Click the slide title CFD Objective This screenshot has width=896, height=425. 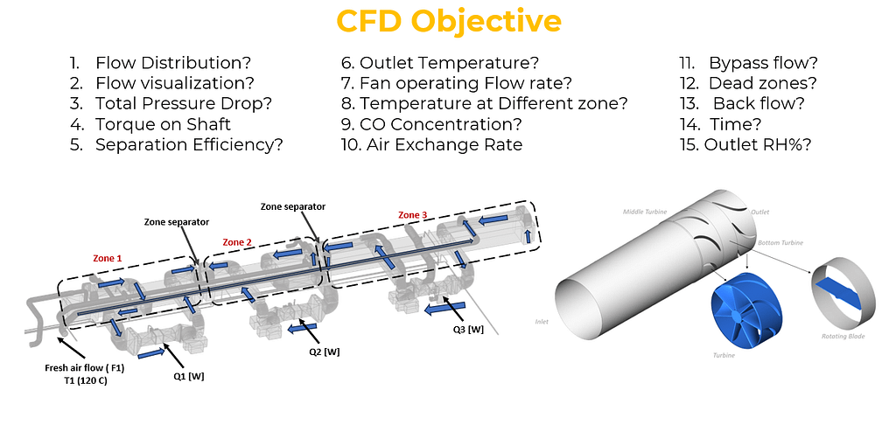pyautogui.click(x=449, y=21)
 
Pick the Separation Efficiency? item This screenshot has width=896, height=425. pyautogui.click(x=189, y=144)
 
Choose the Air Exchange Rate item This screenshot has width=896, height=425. pyautogui.click(x=431, y=144)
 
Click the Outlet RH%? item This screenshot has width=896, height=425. pyautogui.click(x=757, y=144)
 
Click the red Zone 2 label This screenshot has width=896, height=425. pyautogui.click(x=238, y=241)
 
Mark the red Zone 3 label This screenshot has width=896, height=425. pyautogui.click(x=413, y=214)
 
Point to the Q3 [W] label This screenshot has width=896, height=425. pyautogui.click(x=469, y=329)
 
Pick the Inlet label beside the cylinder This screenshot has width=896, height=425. pyautogui.click(x=543, y=322)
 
